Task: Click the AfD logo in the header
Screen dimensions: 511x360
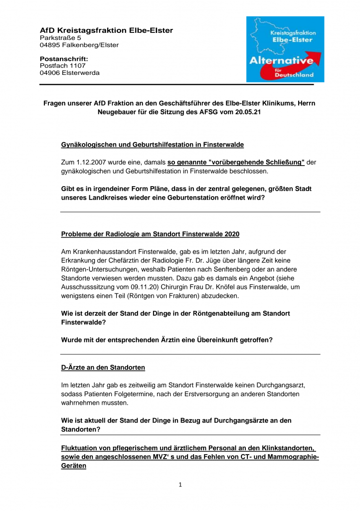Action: click(285, 49)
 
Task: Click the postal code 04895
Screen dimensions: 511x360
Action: click(49, 45)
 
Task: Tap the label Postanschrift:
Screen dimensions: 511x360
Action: click(64, 59)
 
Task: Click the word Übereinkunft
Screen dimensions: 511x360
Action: click(201, 340)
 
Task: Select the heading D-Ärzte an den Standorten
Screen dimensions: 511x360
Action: click(103, 368)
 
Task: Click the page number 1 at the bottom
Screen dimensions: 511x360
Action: click(180, 485)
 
